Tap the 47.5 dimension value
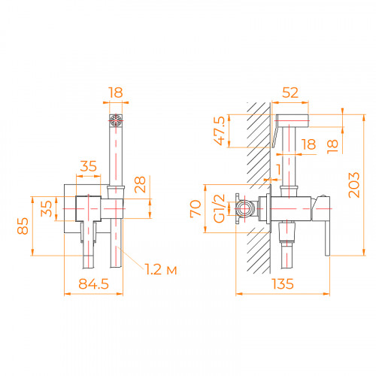(220, 130)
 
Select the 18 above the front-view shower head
(114, 92)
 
